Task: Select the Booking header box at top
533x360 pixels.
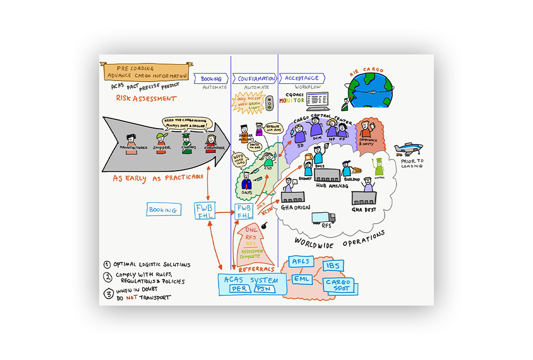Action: [211, 78]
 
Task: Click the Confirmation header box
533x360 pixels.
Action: [254, 78]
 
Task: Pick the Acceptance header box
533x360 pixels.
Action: [302, 78]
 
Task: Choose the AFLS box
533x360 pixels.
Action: [301, 262]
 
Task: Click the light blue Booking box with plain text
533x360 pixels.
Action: [163, 210]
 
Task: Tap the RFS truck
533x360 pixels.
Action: [323, 218]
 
